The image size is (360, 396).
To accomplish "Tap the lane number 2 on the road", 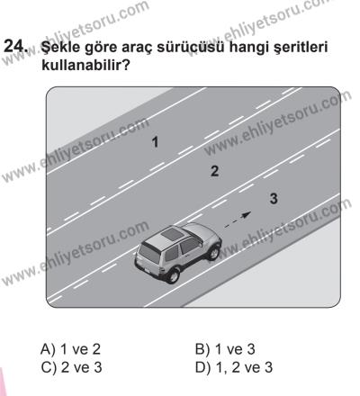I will click(214, 168).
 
